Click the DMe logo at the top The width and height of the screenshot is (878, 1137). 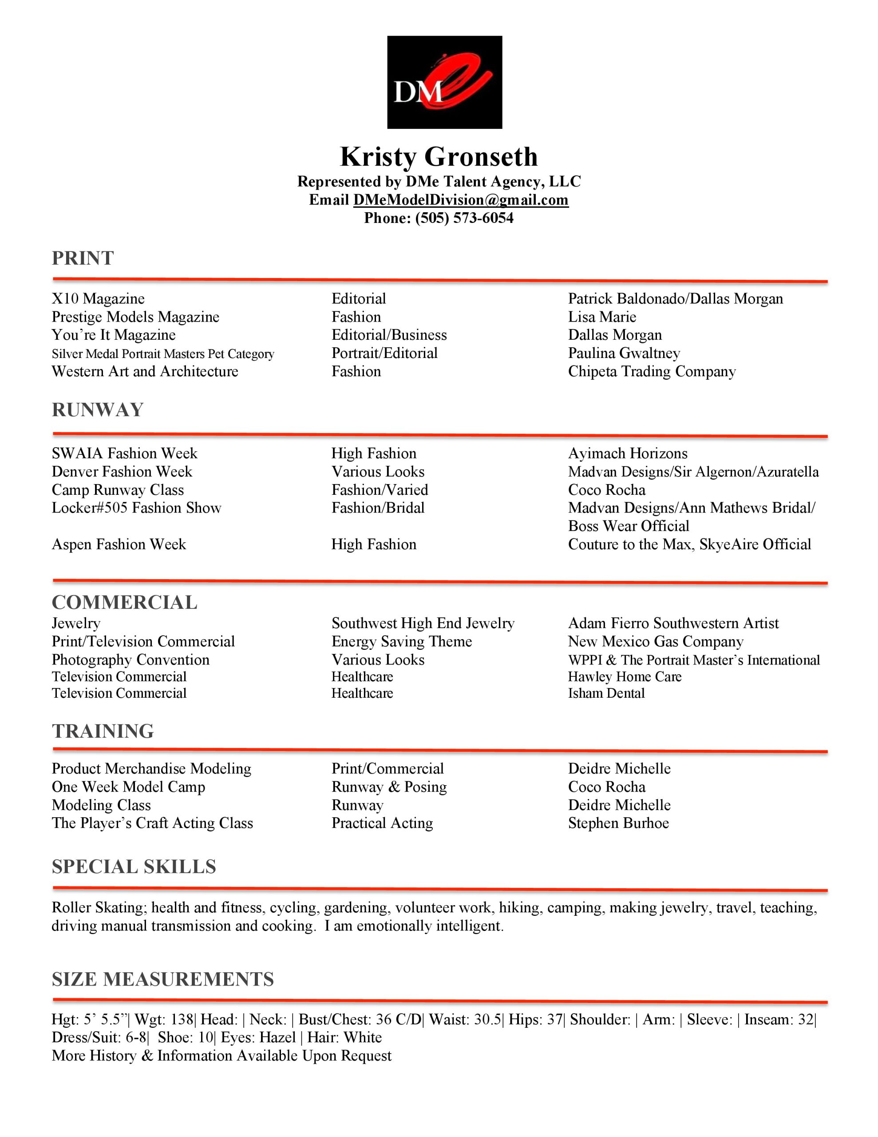point(444,82)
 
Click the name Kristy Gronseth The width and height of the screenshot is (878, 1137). point(439,157)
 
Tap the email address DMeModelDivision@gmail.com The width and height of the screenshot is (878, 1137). point(461,200)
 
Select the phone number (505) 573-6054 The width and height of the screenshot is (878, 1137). point(464,218)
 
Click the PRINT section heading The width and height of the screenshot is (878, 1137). point(83,258)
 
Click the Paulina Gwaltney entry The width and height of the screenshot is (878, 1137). point(624,354)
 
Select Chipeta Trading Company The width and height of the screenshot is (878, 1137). point(652,372)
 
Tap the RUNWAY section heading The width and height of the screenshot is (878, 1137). point(97,409)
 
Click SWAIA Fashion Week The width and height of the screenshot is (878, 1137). point(124,453)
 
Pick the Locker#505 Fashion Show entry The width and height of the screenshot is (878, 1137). point(136,508)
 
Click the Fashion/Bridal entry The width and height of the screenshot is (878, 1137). point(378,508)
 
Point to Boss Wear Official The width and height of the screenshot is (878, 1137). point(628,526)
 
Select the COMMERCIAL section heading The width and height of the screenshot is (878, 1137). point(124,602)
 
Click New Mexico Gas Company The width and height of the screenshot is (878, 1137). point(655,641)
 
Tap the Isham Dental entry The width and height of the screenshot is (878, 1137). point(606,693)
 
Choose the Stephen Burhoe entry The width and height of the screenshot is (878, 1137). point(618,823)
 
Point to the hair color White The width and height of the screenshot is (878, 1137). point(363,1038)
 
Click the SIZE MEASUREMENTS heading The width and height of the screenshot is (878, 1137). point(162,979)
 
